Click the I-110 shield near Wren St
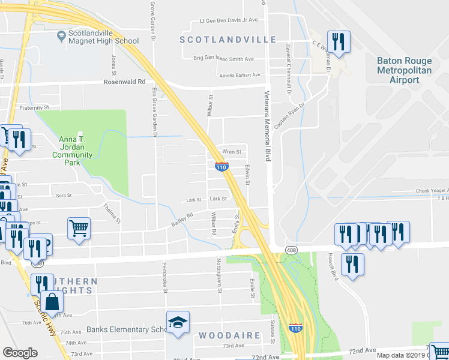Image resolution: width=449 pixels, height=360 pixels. [221, 167]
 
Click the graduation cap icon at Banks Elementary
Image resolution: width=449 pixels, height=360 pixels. [178, 323]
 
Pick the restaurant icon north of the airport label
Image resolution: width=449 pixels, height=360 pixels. [339, 42]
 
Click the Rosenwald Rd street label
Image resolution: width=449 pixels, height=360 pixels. [125, 82]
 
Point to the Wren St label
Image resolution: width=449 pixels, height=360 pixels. [232, 152]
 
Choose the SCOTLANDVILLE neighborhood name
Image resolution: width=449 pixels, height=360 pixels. [229, 40]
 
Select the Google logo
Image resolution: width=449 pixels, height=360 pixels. [20, 352]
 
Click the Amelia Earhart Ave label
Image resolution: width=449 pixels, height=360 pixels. [240, 75]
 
